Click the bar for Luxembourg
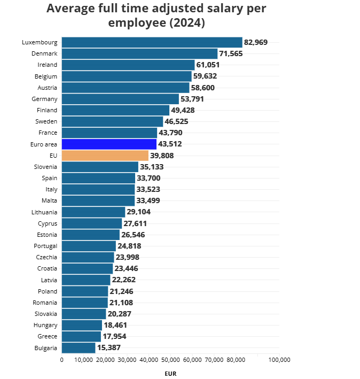click(152, 42)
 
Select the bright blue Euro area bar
click(109, 144)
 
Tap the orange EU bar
click(105, 156)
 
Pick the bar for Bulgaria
click(79, 348)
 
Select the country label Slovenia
click(45, 167)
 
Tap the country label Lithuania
click(44, 212)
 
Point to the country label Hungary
click(45, 325)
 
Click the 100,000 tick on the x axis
click(279, 360)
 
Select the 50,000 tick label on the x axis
click(170, 360)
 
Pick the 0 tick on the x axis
click(62, 360)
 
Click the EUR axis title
click(170, 374)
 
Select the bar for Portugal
click(89, 246)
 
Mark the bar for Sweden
click(112, 121)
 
